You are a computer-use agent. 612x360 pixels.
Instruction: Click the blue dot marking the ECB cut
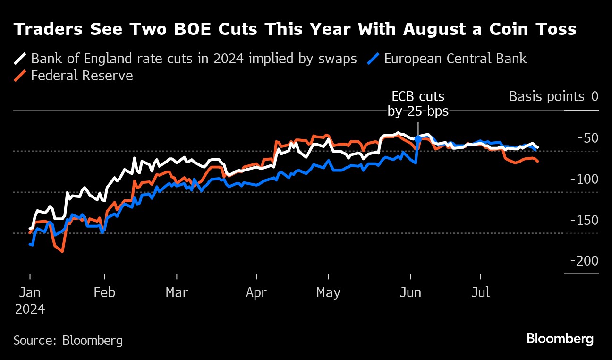click(418, 139)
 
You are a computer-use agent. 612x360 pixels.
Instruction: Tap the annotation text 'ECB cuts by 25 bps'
click(418, 104)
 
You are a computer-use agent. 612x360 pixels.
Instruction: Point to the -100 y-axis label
click(584, 179)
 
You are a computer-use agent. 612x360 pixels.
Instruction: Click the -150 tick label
click(584, 220)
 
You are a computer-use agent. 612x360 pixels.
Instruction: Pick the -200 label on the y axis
click(584, 261)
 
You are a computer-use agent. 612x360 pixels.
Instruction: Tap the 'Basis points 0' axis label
click(553, 97)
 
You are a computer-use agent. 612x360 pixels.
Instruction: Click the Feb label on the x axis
click(104, 292)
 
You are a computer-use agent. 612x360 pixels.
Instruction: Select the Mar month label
click(177, 292)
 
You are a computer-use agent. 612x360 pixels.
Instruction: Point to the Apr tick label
click(256, 292)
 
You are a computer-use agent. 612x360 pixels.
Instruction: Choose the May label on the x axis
click(328, 292)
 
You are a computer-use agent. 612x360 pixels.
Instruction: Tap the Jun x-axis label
click(410, 292)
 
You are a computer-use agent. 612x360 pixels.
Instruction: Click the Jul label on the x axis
click(480, 292)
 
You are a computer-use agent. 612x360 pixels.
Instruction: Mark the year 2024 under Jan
click(30, 309)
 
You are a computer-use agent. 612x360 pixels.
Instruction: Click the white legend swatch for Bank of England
click(20, 59)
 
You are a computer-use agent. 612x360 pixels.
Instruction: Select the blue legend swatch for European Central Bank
click(374, 59)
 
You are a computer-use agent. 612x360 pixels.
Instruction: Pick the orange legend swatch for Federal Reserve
click(20, 76)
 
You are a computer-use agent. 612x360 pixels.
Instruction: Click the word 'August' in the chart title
click(433, 29)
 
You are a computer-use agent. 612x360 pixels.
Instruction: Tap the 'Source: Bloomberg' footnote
click(68, 340)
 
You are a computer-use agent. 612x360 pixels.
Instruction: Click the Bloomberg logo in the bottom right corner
click(560, 339)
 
